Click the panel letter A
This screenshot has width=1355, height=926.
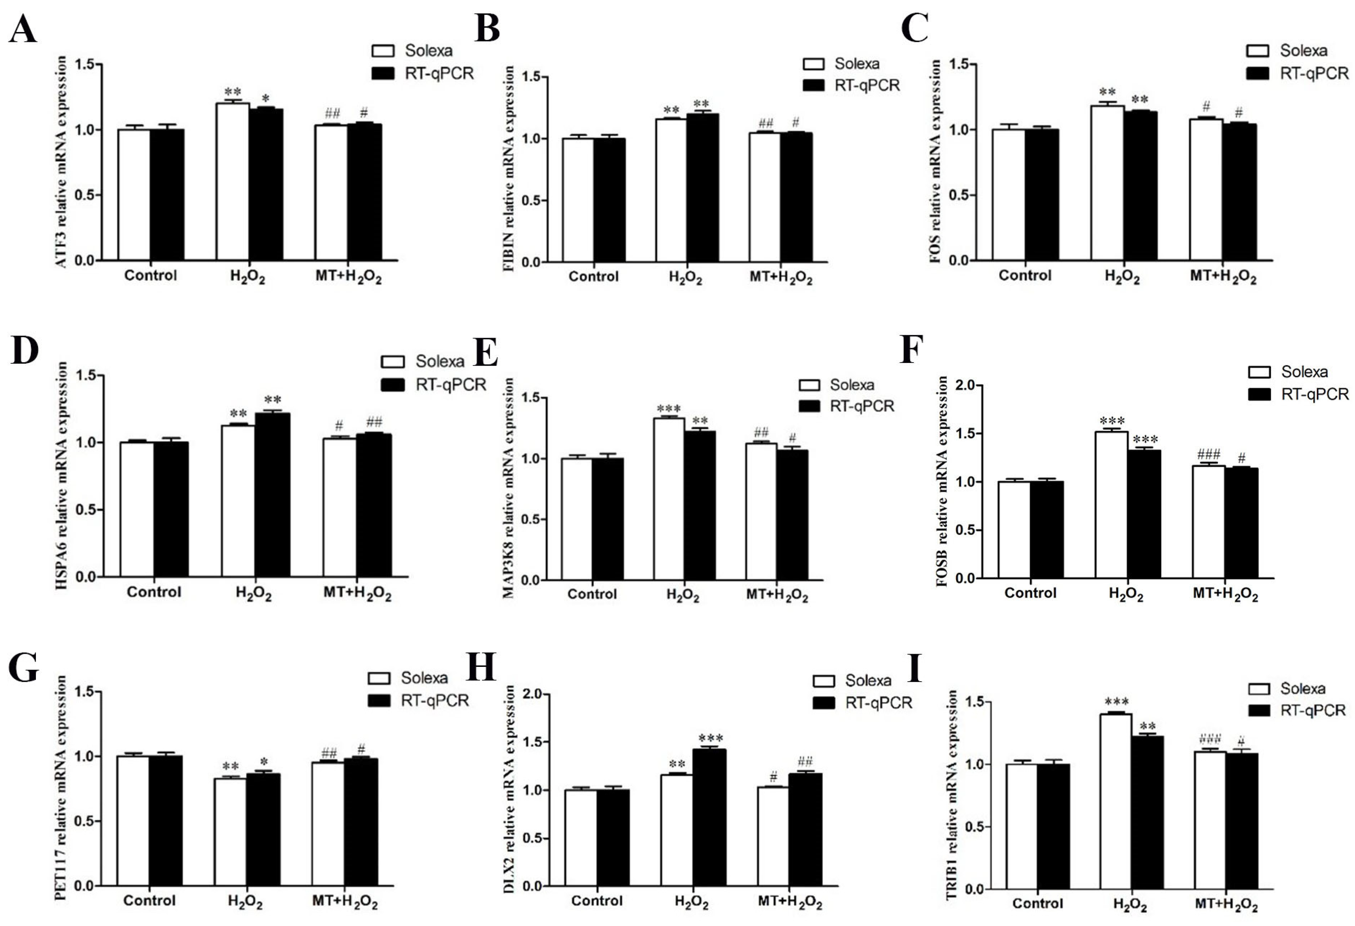pos(23,30)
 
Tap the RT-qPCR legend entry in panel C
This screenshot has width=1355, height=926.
pos(1297,73)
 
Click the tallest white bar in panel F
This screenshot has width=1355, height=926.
pos(1111,505)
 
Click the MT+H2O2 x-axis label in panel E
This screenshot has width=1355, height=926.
pos(777,596)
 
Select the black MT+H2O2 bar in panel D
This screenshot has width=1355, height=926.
pos(374,505)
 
